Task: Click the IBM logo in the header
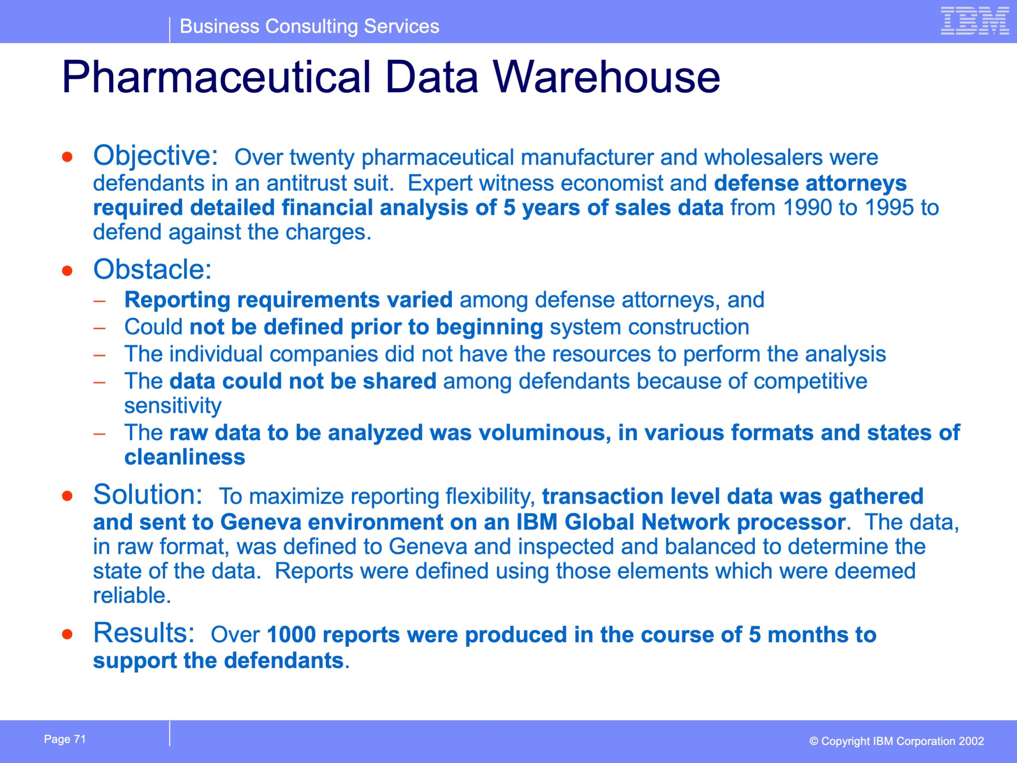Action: tap(975, 21)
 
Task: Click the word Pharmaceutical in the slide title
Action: tap(216, 77)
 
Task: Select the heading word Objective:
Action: tap(155, 156)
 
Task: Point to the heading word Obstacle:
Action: tap(152, 269)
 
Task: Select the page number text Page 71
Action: tap(65, 739)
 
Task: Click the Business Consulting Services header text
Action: tap(309, 26)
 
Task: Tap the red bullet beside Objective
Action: tap(68, 157)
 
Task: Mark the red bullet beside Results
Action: tap(68, 635)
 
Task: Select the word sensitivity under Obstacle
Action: tap(173, 406)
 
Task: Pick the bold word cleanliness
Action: tap(185, 457)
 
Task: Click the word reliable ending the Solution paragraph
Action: tap(132, 596)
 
